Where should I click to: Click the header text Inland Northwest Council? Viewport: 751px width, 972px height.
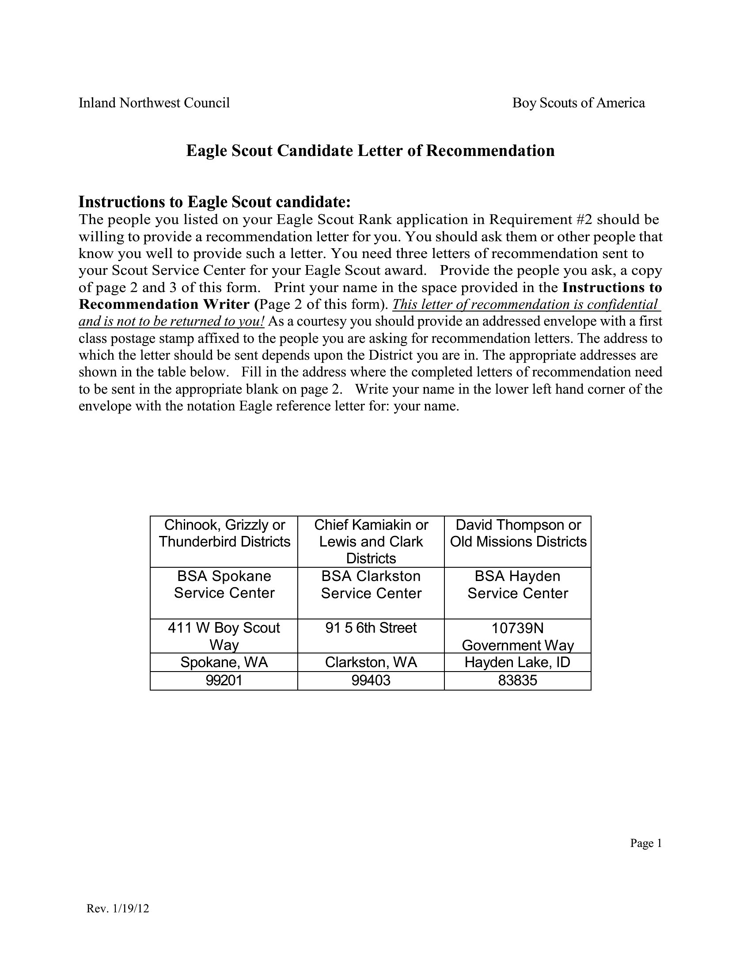point(154,103)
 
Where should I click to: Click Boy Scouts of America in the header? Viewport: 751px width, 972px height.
point(578,103)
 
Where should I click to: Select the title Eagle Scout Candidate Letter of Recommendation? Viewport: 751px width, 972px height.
point(370,151)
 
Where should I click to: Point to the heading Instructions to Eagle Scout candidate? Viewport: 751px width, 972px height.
point(214,202)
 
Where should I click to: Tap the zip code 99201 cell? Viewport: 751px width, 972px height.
point(224,680)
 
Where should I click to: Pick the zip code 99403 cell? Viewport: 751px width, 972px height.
point(371,680)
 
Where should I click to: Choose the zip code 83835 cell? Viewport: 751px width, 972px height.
point(517,680)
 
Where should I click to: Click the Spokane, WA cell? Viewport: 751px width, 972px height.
point(224,662)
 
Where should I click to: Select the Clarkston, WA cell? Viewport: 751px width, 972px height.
point(371,662)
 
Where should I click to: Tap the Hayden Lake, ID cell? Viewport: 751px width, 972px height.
point(517,662)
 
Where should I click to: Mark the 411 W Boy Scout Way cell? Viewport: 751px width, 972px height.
point(224,636)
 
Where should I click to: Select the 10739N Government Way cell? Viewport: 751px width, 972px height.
point(517,636)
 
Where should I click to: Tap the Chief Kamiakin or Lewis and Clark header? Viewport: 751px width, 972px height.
point(371,541)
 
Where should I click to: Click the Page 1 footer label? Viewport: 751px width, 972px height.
point(646,843)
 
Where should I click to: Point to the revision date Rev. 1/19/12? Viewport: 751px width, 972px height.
point(118,908)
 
